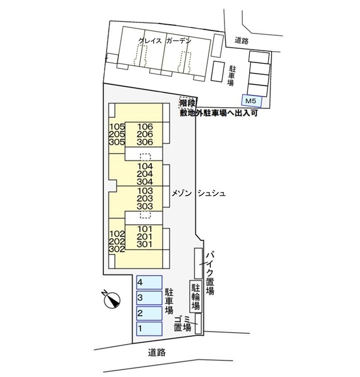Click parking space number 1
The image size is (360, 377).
tap(149, 329)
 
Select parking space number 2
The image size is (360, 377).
tap(149, 313)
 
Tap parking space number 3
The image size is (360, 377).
tap(149, 298)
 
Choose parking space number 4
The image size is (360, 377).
tap(149, 282)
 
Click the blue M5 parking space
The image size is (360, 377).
tap(252, 101)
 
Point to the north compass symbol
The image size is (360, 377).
tap(111, 299)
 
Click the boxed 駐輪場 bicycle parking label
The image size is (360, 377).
tap(196, 296)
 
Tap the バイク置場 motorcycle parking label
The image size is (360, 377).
tap(210, 273)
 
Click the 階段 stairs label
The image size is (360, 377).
tap(187, 103)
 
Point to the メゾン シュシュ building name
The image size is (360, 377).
tap(198, 193)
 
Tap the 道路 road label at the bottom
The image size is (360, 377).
tap(157, 352)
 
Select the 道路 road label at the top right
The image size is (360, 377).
tap(242, 41)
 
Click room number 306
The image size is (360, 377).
tap(145, 142)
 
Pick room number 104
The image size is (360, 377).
tap(145, 166)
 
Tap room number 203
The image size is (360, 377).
tap(145, 199)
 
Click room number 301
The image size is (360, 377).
tap(144, 244)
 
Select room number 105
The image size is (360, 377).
tap(117, 127)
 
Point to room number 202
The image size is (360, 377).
tap(117, 241)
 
